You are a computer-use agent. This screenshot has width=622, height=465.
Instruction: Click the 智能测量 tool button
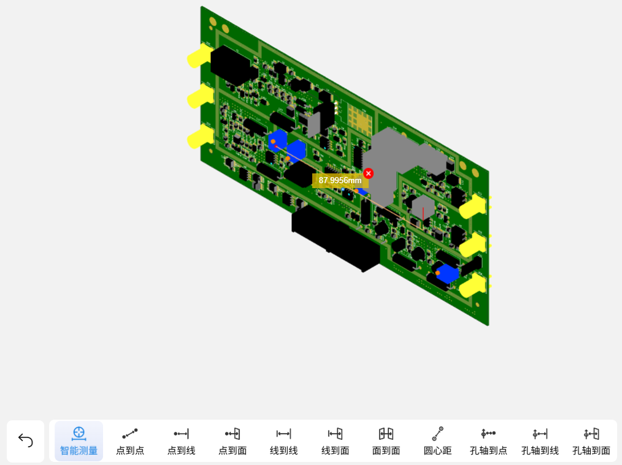79,441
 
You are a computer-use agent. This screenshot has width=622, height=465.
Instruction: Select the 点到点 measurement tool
129,441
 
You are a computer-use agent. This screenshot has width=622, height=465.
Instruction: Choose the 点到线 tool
182,441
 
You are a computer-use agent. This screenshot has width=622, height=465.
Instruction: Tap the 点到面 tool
232,441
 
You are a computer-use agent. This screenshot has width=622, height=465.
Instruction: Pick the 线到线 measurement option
283,441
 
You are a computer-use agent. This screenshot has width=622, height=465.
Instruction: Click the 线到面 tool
335,441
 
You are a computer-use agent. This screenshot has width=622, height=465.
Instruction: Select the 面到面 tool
386,441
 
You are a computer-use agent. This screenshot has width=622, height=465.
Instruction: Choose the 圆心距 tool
437,441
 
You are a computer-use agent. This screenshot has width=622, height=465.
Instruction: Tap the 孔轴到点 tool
488,441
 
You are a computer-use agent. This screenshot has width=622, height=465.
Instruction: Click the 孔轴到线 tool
540,441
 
